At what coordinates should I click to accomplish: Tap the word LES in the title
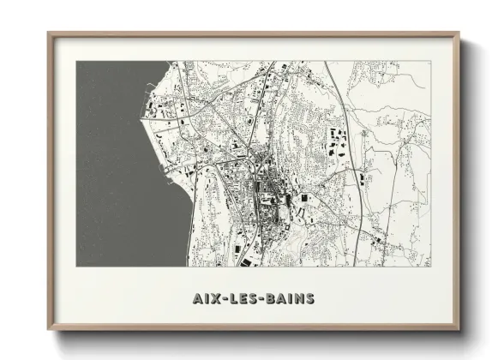tap(243, 299)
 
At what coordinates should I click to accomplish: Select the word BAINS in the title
tap(290, 299)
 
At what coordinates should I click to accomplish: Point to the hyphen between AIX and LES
tap(225, 299)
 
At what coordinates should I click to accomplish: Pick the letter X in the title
tap(216, 299)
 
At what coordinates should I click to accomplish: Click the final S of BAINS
tap(309, 299)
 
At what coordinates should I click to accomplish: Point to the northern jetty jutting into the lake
tap(153, 86)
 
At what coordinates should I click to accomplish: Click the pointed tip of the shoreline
tap(141, 119)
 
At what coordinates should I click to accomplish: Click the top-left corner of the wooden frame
tap(50, 34)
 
